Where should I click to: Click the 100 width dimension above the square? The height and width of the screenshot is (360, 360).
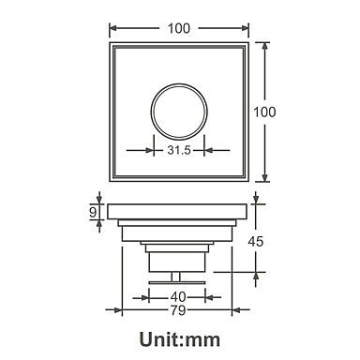click(179, 28)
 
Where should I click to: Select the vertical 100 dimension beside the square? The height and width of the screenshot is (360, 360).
click(264, 112)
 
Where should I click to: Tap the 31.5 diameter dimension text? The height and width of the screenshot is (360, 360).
click(179, 150)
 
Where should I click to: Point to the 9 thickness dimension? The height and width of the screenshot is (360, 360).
click(93, 213)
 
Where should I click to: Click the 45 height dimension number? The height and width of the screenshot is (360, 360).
click(256, 242)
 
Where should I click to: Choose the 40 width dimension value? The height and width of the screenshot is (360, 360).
click(178, 297)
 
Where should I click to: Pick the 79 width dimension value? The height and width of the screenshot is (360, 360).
click(178, 310)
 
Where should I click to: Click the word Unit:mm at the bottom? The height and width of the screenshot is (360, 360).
click(180, 339)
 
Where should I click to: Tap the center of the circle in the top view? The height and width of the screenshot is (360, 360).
click(179, 111)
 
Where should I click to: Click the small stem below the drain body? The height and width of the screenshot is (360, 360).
click(176, 277)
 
